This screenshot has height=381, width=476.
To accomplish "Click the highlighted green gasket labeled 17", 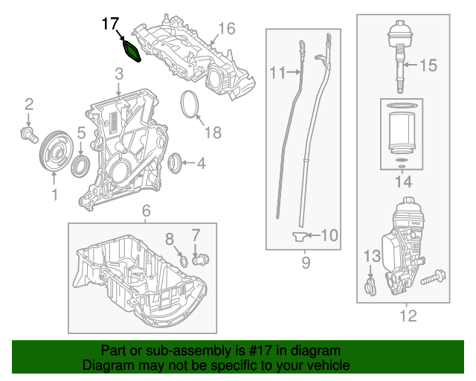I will click(x=132, y=52).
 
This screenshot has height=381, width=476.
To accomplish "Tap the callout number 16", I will click(x=226, y=29).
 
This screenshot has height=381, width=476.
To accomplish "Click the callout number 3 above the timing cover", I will click(x=118, y=74).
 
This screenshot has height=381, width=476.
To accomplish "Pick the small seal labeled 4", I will click(x=176, y=160).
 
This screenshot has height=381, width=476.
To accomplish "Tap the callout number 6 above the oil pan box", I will click(x=146, y=211).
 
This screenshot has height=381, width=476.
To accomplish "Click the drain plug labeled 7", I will click(x=200, y=260).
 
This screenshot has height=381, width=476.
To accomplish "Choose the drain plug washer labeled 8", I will click(x=182, y=260).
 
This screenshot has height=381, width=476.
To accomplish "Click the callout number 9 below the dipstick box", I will click(x=304, y=263).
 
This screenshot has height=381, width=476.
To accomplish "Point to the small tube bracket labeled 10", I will click(x=298, y=237).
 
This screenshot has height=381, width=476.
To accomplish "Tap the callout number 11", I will click(x=277, y=73).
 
